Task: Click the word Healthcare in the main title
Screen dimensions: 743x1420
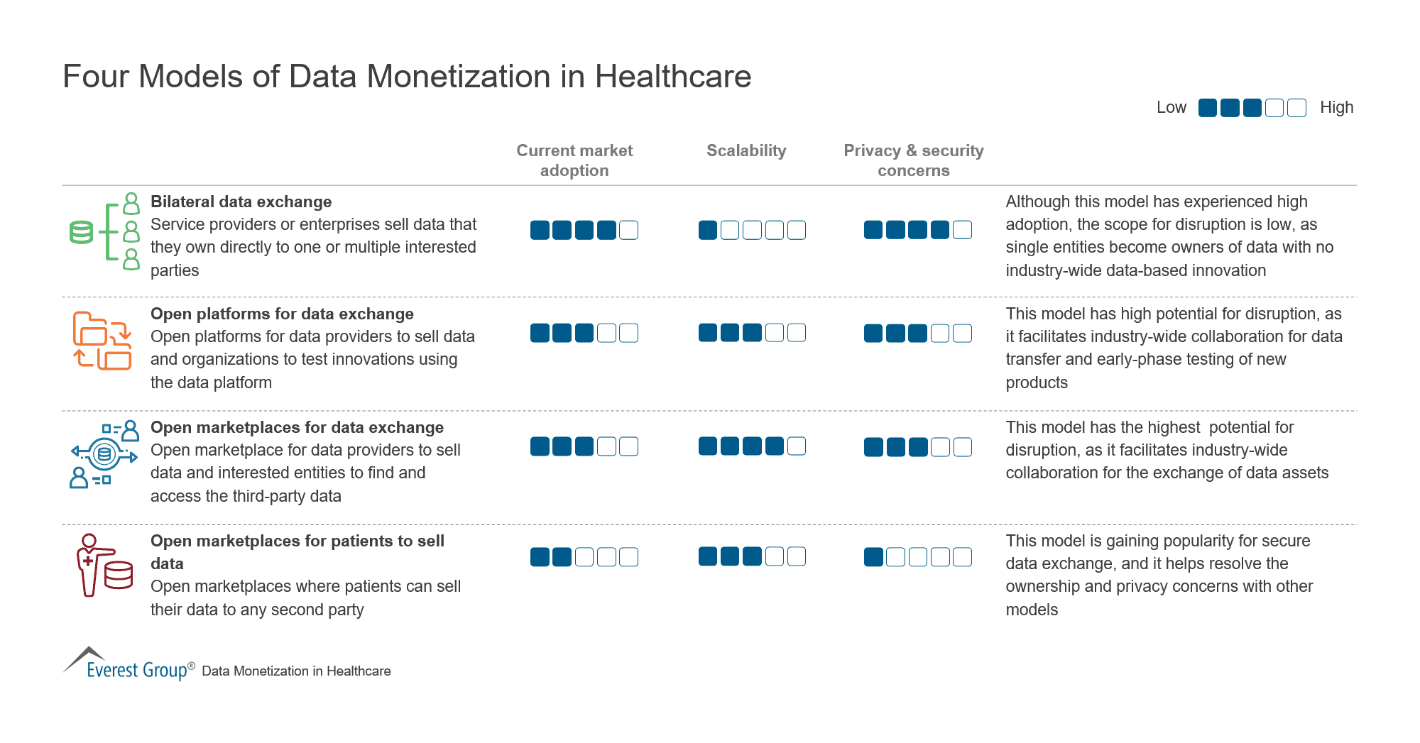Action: click(672, 77)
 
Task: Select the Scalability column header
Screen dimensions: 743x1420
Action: click(746, 150)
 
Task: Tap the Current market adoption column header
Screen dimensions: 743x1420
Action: click(574, 160)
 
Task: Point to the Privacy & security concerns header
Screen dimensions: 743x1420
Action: click(913, 160)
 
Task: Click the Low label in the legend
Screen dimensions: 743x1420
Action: click(1171, 107)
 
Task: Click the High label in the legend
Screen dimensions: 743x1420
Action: click(1336, 107)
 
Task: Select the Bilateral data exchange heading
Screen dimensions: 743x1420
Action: click(241, 202)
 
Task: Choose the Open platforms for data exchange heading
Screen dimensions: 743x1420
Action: click(282, 314)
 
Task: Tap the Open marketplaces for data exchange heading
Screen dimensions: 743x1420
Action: click(297, 427)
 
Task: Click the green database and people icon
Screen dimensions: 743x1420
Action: click(105, 231)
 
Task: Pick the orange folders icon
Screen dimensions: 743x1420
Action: click(102, 341)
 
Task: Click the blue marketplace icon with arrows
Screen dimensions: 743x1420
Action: click(104, 454)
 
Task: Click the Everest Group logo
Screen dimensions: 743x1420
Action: click(128, 664)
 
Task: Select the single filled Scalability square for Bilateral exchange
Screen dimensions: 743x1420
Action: click(708, 230)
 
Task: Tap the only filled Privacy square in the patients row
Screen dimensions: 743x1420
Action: click(873, 557)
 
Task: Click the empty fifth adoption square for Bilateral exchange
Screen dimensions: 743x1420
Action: click(628, 230)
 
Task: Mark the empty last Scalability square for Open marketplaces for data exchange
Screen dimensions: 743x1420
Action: click(797, 446)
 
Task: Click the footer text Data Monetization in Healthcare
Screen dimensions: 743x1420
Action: click(296, 671)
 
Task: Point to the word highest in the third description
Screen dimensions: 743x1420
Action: click(1171, 427)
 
